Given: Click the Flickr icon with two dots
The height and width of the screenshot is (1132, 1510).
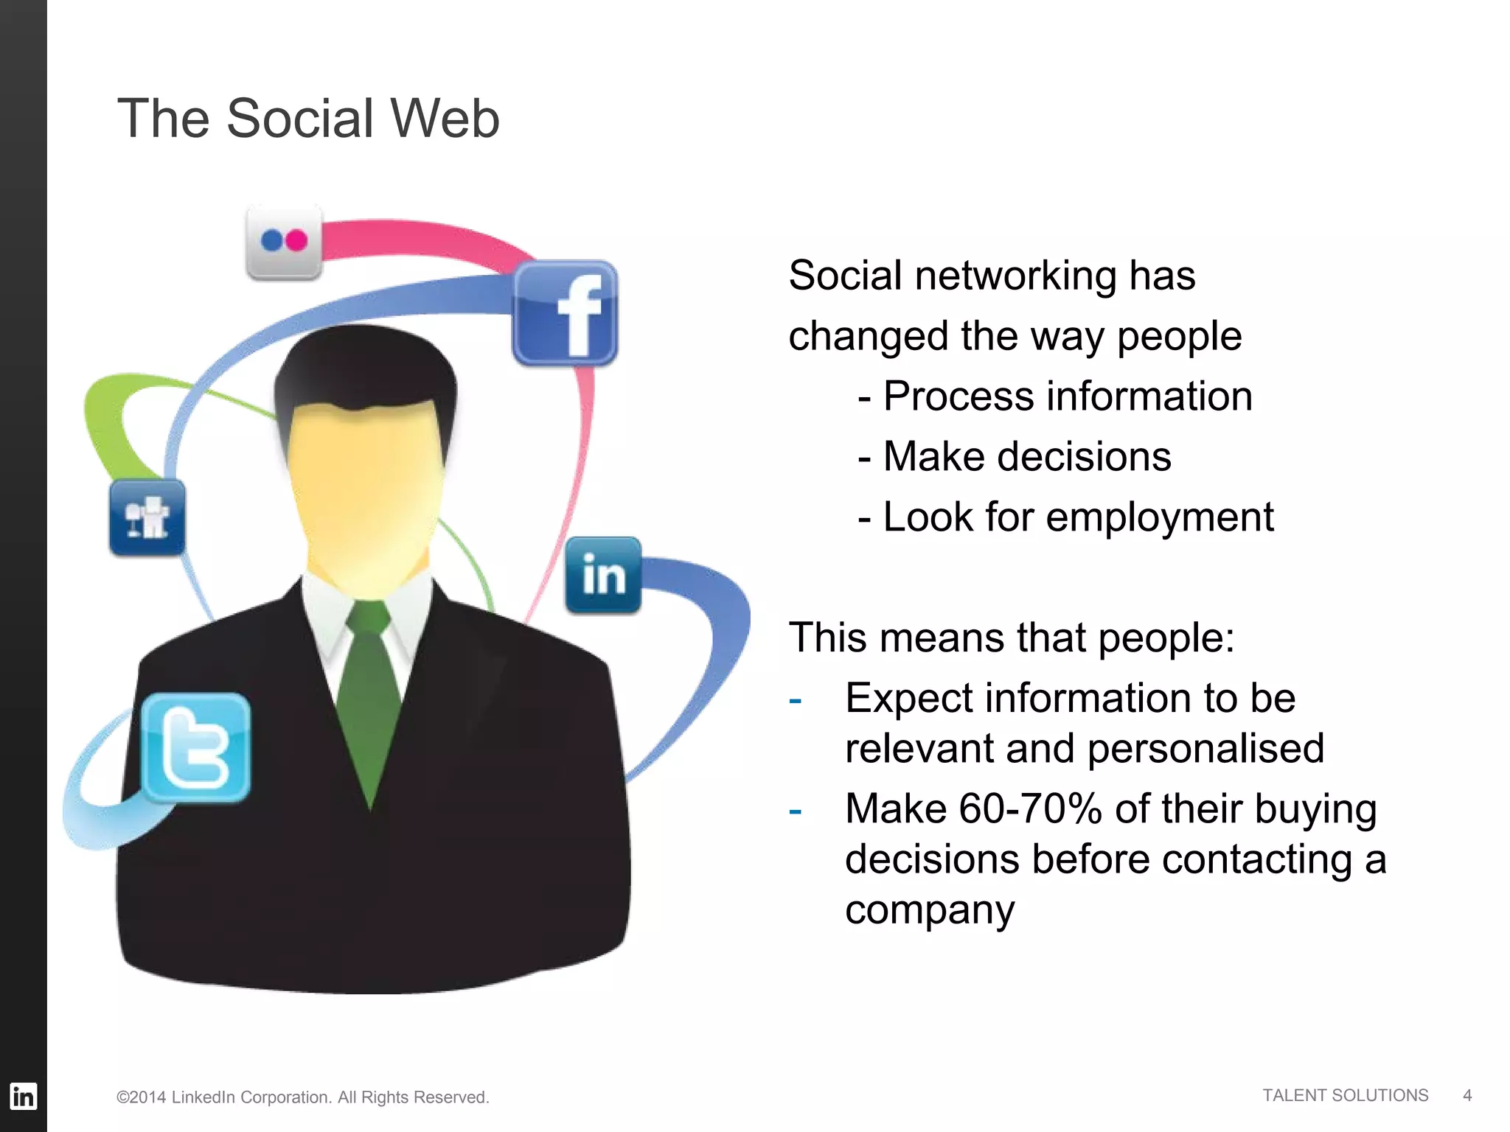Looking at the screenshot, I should click(x=284, y=242).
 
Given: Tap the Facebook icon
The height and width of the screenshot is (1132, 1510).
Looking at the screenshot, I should click(x=566, y=313).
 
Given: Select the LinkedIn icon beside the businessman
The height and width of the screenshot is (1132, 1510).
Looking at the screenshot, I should click(x=603, y=576).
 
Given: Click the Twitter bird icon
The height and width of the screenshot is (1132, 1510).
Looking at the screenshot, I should click(x=196, y=747).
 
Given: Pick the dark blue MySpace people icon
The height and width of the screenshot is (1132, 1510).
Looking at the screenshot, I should click(x=147, y=517).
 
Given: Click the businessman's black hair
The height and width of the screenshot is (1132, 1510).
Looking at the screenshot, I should click(x=365, y=368).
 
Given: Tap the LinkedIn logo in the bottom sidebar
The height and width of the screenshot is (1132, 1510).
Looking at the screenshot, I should click(x=23, y=1096).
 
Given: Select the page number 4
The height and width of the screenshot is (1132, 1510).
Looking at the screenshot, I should click(x=1467, y=1096).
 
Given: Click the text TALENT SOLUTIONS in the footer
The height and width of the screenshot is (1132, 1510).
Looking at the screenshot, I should click(x=1345, y=1096).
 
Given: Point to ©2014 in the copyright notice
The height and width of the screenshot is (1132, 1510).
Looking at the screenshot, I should click(x=141, y=1097).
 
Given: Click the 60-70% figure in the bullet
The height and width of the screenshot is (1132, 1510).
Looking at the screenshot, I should click(x=1031, y=808).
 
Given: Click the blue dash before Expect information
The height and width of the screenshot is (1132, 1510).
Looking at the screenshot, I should click(x=795, y=699).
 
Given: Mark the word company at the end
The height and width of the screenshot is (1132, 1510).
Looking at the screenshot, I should click(x=930, y=911).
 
